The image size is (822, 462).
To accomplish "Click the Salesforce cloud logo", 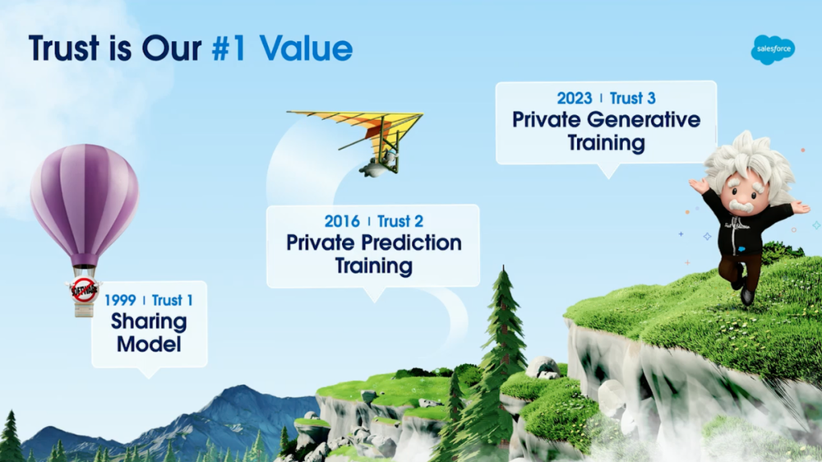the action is [x=773, y=50].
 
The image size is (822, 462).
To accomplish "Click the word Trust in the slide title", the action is [x=64, y=49].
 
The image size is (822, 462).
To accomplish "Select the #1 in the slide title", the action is [x=229, y=49].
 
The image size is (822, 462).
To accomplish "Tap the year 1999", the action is [x=120, y=300].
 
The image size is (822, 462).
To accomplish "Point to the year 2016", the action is [x=342, y=221].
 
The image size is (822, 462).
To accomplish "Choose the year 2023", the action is [x=575, y=98].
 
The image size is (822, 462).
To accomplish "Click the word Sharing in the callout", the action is [x=149, y=322].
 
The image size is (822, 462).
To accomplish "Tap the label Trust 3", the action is [x=632, y=98].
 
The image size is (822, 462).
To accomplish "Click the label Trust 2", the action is [x=400, y=221].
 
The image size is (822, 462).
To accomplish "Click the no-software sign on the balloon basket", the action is [x=84, y=290].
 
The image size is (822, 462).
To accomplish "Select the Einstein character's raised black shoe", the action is [x=747, y=296].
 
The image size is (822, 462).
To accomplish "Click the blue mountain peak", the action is [x=241, y=388].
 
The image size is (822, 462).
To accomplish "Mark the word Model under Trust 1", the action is [x=149, y=344].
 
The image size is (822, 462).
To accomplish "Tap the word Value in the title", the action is [x=306, y=49].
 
